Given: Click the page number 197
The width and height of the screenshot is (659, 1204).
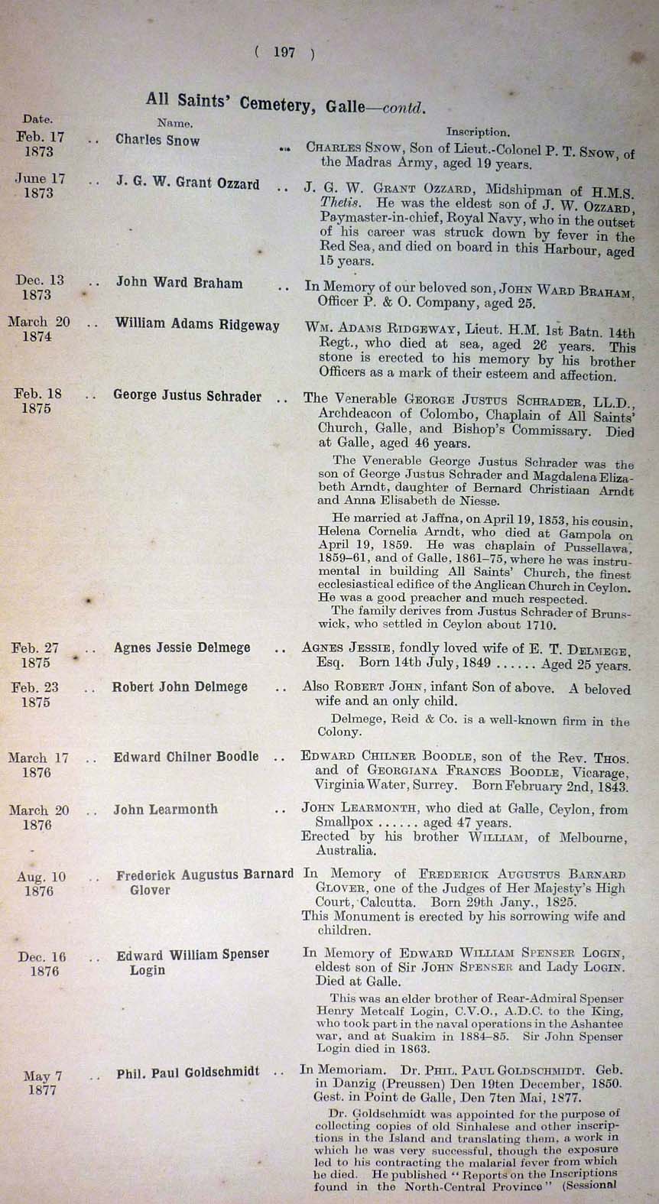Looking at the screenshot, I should click(284, 52).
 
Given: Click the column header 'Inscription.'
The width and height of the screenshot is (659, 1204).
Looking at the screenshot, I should click(478, 131).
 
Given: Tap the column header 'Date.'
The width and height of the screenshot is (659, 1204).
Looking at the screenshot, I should click(37, 119).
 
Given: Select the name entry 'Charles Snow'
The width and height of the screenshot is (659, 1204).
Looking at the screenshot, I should click(157, 140).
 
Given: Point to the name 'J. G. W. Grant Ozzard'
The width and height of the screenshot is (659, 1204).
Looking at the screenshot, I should click(187, 184).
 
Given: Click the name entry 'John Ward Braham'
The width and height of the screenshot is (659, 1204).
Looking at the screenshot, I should click(179, 282).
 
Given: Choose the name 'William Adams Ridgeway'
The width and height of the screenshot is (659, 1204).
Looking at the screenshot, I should click(197, 324).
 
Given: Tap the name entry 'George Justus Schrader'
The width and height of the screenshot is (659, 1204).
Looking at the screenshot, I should click(187, 396).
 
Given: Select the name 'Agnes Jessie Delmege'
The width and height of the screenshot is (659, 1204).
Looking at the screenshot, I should click(182, 647).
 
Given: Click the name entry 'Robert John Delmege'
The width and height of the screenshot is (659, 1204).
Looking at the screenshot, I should click(180, 686).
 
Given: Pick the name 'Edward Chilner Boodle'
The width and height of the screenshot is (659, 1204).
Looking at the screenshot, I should click(186, 757).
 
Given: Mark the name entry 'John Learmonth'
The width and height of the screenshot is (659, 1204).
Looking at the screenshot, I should click(165, 809).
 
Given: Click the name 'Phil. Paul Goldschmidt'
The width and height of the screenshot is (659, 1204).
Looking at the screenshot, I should click(187, 1073).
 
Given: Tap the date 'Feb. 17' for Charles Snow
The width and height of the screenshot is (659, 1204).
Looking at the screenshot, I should click(41, 137).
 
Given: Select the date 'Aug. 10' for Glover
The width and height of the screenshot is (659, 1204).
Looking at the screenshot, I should click(41, 877).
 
